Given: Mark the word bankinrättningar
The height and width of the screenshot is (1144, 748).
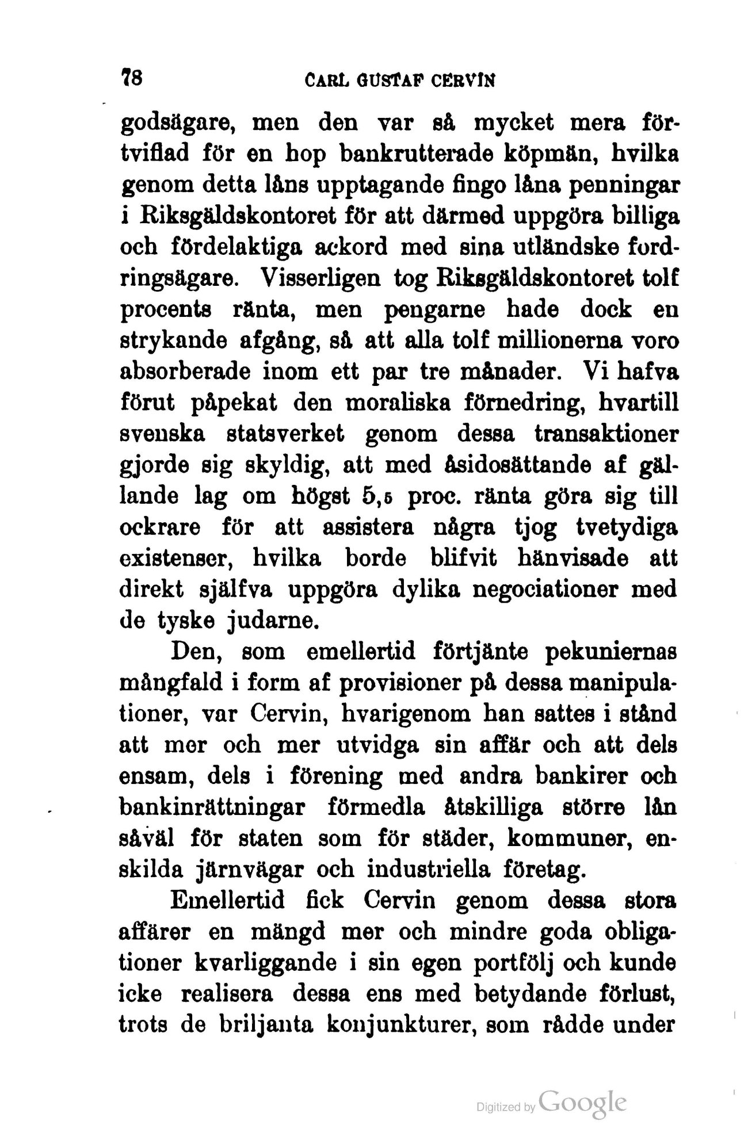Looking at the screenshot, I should [211, 809].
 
